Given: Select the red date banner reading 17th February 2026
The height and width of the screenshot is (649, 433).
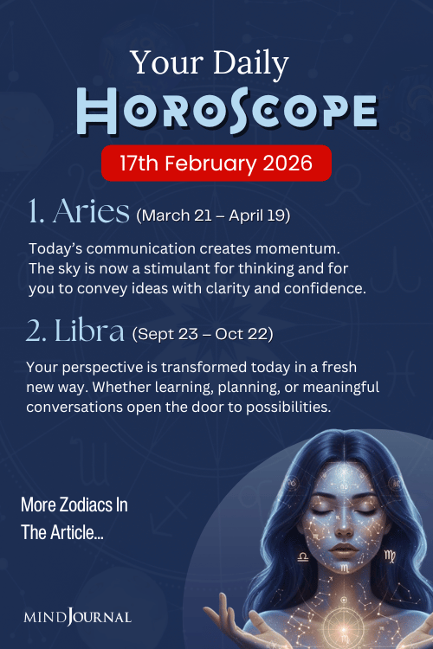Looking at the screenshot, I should click(x=216, y=162).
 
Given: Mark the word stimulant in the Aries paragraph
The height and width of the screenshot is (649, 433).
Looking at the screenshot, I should click(x=180, y=268).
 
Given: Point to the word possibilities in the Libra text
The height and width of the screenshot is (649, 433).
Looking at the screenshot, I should click(x=275, y=407).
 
